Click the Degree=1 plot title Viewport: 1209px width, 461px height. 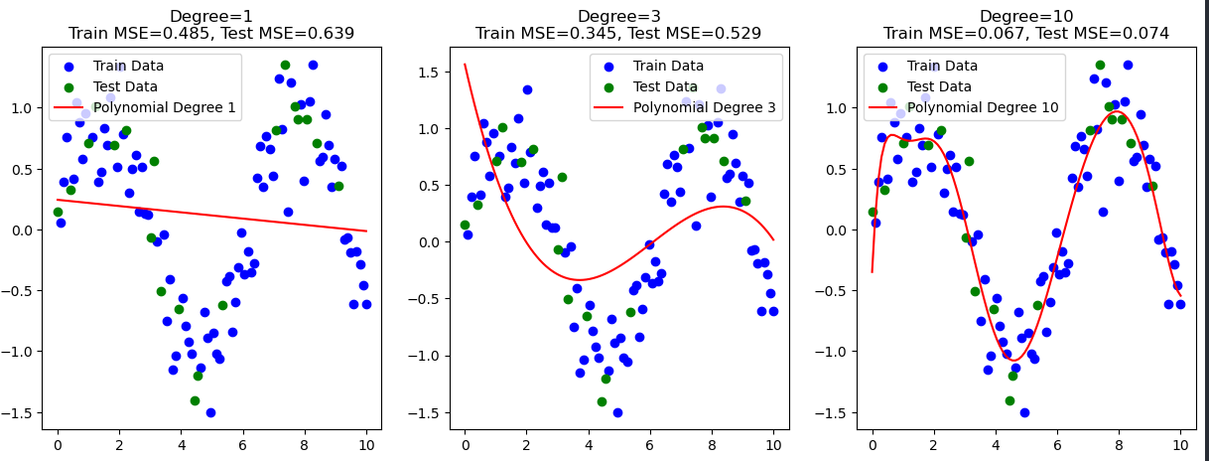tap(210, 16)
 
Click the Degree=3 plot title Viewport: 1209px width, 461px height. tap(617, 16)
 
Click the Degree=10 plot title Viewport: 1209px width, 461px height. tap(1025, 16)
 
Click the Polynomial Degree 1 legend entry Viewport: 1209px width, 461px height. tap(164, 107)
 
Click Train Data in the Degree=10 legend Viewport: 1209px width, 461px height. tap(942, 67)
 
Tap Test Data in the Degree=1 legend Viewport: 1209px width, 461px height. tap(125, 86)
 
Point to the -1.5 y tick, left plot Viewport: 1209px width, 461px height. tap(22, 412)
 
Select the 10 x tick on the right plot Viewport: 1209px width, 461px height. tap(1181, 445)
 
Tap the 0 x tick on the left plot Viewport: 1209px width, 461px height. tap(58, 445)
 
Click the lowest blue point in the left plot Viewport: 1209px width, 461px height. tap(210, 412)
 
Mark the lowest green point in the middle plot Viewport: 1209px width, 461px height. tap(602, 401)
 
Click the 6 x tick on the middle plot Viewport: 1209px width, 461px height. tap(649, 445)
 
